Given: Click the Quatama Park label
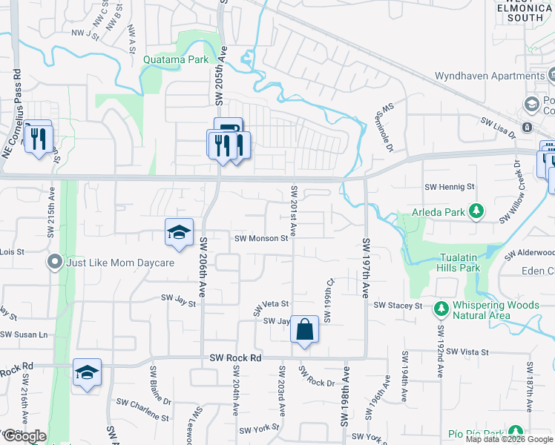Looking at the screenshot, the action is click(x=177, y=60).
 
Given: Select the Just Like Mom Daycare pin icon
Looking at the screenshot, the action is click(x=54, y=263).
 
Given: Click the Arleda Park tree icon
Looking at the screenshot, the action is click(x=476, y=212).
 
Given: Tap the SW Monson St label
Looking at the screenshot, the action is click(x=260, y=238).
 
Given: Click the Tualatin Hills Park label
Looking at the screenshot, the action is click(x=447, y=263).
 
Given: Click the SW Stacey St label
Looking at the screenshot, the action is click(x=398, y=305).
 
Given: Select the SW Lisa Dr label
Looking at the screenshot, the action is click(x=497, y=126).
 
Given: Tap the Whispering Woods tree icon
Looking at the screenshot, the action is click(x=441, y=307).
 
